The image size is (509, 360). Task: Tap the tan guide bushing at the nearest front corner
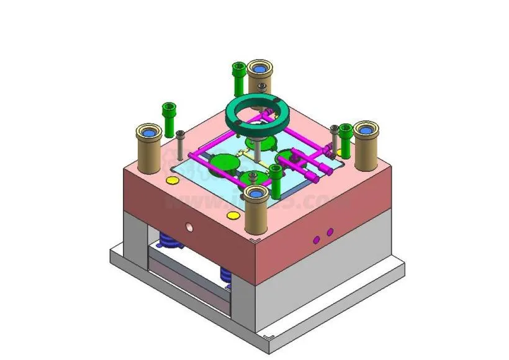tap(255, 211)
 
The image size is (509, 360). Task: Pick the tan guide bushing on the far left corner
tap(149, 149)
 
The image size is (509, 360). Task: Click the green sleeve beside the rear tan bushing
tap(238, 77)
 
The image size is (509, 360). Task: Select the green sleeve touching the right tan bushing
tap(345, 140)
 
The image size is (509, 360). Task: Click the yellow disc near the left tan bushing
tap(171, 181)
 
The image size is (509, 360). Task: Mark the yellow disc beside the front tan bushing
tap(233, 215)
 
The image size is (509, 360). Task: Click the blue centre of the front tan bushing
tap(255, 192)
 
